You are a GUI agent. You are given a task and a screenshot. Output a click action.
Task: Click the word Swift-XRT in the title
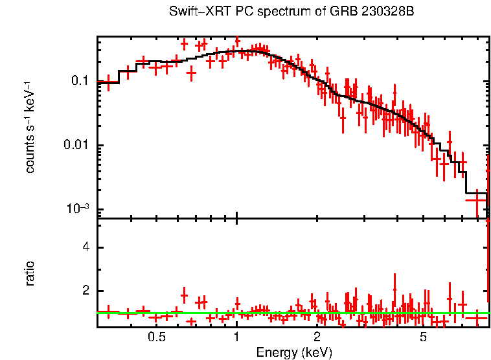[x=194, y=12]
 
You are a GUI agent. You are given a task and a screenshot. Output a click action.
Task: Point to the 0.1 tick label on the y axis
[x=80, y=82]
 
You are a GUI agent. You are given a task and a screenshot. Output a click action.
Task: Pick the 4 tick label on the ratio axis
[x=85, y=248]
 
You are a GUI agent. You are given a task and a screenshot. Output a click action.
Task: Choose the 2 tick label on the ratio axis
[x=85, y=291]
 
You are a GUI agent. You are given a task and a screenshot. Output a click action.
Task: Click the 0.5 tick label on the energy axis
[x=156, y=337]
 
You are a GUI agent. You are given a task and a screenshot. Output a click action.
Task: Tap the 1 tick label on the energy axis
[x=236, y=337]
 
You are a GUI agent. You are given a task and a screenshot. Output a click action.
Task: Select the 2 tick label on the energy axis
[x=317, y=337]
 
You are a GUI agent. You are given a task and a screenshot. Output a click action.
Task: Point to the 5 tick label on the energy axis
[x=423, y=337]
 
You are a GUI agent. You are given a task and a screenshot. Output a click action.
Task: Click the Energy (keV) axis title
[x=294, y=352]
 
